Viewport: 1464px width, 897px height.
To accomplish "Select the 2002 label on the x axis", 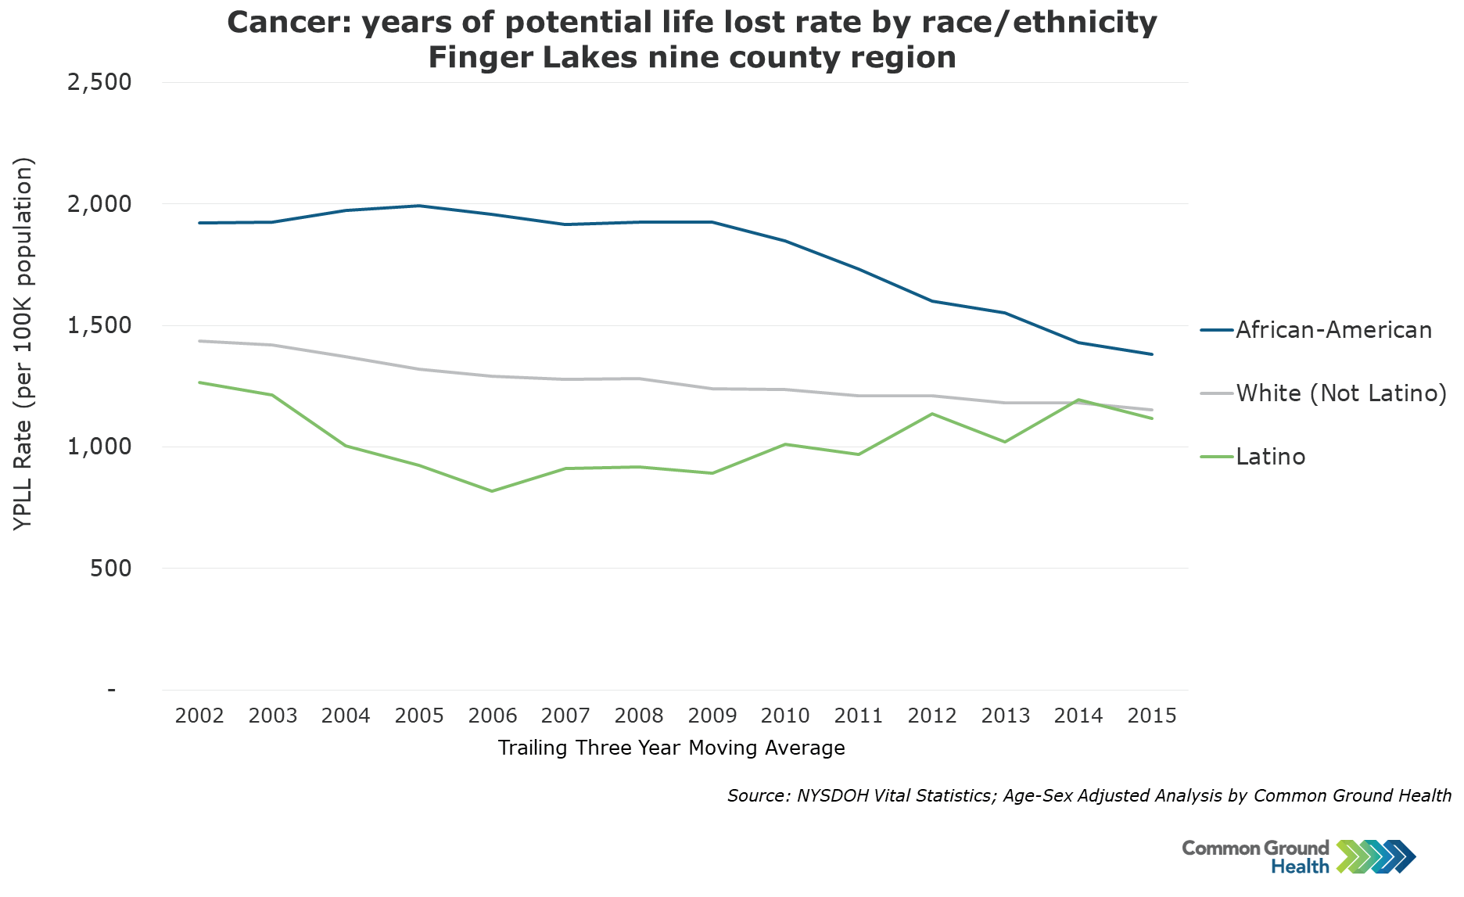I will pyautogui.click(x=199, y=716).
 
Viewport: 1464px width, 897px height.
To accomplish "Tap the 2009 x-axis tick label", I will pyautogui.click(x=712, y=716).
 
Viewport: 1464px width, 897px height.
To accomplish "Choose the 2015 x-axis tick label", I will pyautogui.click(x=1152, y=716).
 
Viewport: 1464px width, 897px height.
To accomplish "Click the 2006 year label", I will pyautogui.click(x=493, y=716).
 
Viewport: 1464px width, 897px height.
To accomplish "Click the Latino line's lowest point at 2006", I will pyautogui.click(x=492, y=491).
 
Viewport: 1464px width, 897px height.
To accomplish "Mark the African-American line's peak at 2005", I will pyautogui.click(x=419, y=206).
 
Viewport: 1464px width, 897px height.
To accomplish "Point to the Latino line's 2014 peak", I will pyautogui.click(x=1079, y=400).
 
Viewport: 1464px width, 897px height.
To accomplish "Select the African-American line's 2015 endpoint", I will pyautogui.click(x=1152, y=354).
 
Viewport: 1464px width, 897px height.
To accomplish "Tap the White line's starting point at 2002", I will pyautogui.click(x=200, y=341).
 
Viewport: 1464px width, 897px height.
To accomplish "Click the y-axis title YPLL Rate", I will pyautogui.click(x=23, y=344).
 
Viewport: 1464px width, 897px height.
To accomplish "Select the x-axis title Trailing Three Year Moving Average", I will pyautogui.click(x=671, y=748).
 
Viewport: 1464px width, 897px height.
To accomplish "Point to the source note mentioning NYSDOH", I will pyautogui.click(x=1089, y=795).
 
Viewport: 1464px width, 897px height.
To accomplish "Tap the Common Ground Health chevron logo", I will pyautogui.click(x=1376, y=856).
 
